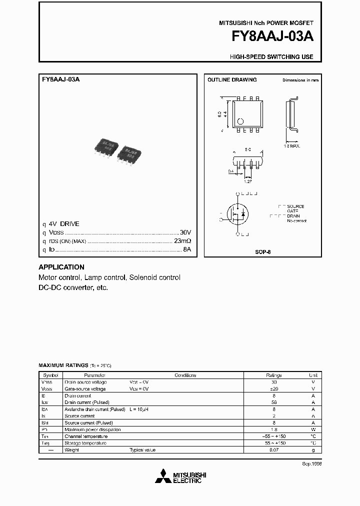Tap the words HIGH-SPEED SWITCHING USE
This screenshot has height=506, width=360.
(x=271, y=57)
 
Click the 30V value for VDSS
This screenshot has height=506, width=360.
(x=185, y=233)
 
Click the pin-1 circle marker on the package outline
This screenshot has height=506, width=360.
(x=240, y=121)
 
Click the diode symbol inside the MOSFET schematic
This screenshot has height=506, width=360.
(x=243, y=214)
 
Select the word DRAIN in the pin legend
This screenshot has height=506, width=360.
(x=294, y=216)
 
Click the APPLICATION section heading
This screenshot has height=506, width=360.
(x=61, y=267)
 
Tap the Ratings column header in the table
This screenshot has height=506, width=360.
(x=274, y=375)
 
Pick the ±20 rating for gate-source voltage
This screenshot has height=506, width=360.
(x=274, y=388)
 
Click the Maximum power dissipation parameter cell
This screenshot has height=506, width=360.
(x=92, y=429)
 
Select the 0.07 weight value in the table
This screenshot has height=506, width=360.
(x=274, y=450)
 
